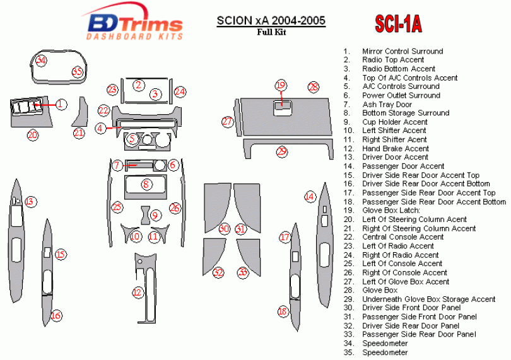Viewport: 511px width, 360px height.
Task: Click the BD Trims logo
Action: pos(133,22)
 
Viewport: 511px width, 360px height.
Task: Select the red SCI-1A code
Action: pos(398,24)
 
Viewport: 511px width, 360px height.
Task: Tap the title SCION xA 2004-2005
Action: pos(271,21)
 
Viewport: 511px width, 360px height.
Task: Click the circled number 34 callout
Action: pos(41,61)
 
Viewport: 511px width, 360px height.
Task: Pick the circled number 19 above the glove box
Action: pos(281,85)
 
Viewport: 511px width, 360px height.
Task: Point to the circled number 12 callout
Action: pos(138,293)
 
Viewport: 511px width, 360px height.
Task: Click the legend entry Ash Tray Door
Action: pos(387,104)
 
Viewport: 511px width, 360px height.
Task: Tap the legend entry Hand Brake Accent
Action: pos(396,149)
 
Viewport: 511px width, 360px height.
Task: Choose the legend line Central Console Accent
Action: pos(402,237)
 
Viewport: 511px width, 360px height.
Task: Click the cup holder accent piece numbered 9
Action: pos(145,215)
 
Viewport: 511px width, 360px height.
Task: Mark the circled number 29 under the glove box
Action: pos(281,151)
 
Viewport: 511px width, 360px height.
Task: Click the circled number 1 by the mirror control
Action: pos(61,105)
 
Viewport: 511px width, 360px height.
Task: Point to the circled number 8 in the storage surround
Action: pos(146,184)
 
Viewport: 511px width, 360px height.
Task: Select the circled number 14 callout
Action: pos(310,197)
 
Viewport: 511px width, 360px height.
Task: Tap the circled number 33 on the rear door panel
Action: pos(243,272)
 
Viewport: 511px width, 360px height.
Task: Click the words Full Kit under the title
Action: pos(271,32)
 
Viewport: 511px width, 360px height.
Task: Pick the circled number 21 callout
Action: pos(79,133)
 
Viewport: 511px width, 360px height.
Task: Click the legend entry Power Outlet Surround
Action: pos(401,95)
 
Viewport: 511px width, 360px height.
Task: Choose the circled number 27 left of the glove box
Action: pos(228,122)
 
